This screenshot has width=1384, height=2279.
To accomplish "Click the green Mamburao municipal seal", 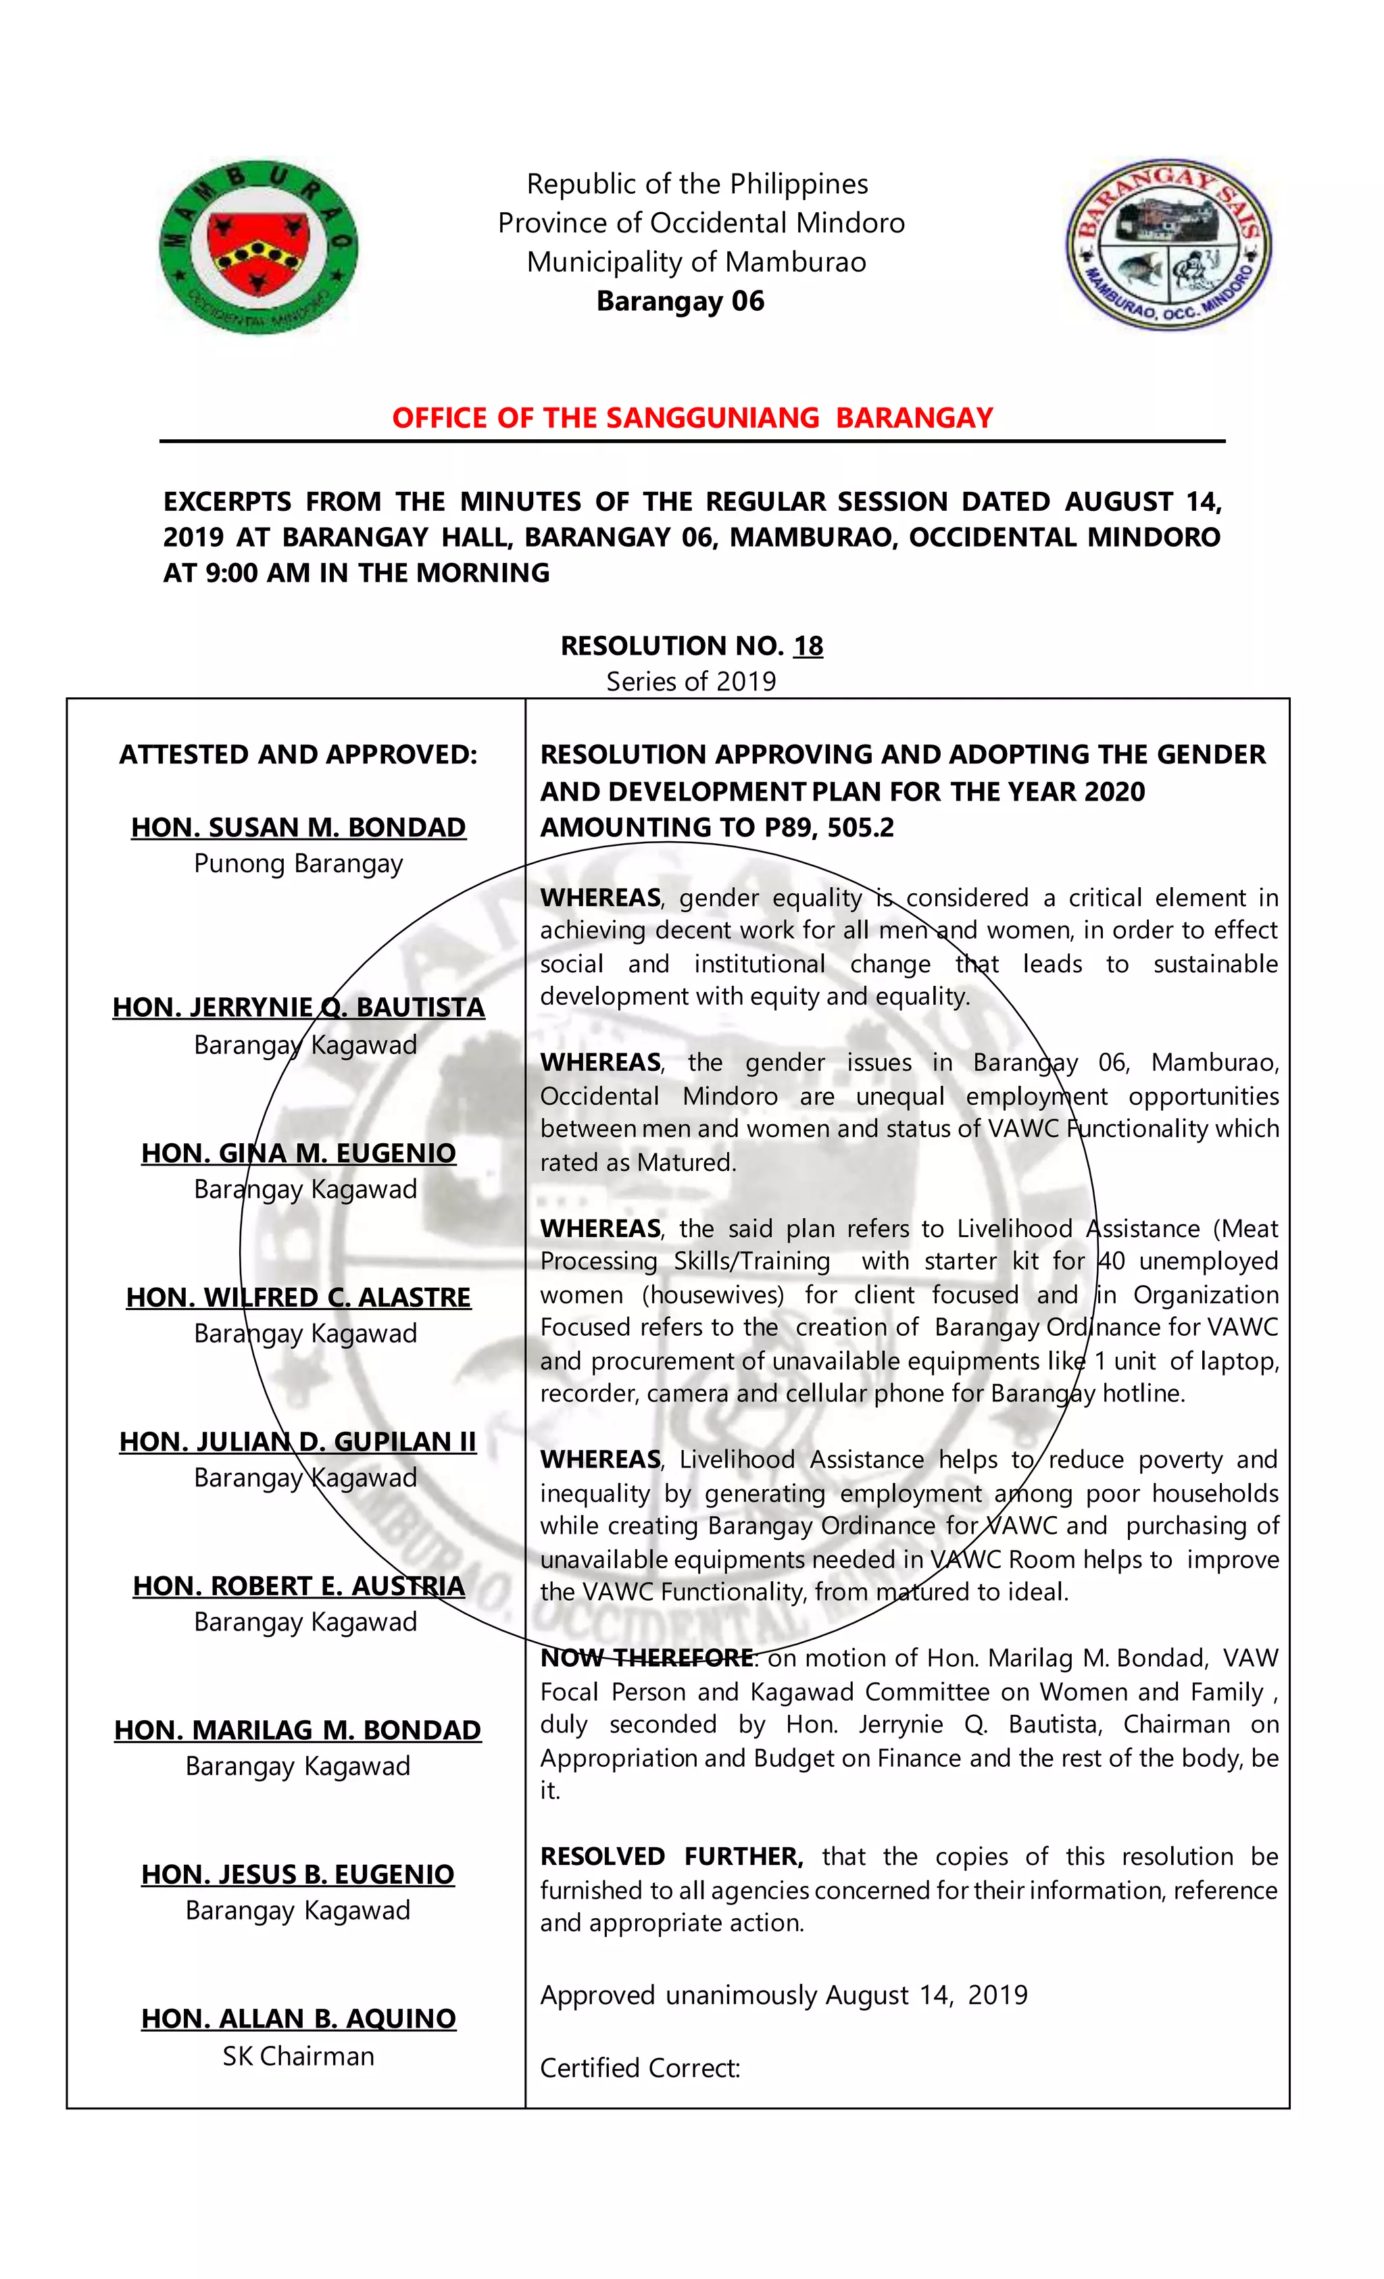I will pos(258,246).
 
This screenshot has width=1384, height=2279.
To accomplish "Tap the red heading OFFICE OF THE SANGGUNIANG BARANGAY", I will pos(692,418).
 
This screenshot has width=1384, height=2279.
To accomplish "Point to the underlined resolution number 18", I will pos(808,646).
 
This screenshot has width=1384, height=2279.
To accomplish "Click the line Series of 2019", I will pos(691,682).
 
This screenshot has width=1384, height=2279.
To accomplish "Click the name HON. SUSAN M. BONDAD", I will pos(298,827).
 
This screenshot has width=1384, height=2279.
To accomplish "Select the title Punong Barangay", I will pos(298,864).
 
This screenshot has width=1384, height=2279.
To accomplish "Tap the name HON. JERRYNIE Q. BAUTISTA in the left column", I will pos(298,1007).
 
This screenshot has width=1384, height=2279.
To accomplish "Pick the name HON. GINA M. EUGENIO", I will pos(298,1153).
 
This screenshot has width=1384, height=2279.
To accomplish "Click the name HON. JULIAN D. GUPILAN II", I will pos(298,1441).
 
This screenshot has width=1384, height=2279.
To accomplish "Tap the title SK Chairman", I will pos(298,2056).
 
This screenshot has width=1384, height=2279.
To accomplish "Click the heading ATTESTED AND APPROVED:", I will pos(298,755).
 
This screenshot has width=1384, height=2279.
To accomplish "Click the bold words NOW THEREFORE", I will pos(647,1657).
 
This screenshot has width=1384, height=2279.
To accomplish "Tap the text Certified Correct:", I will pos(640,2068).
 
